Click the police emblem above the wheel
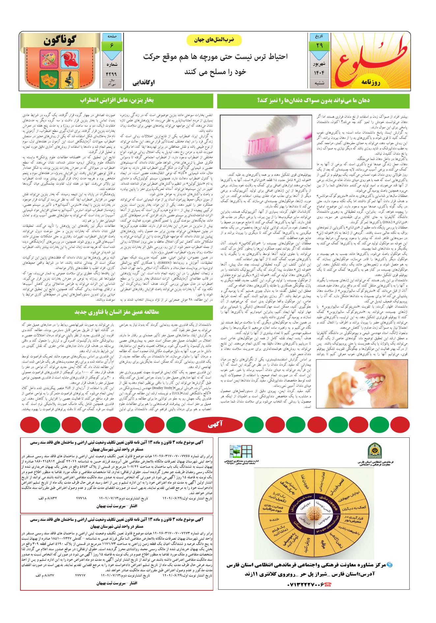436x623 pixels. [375, 451]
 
